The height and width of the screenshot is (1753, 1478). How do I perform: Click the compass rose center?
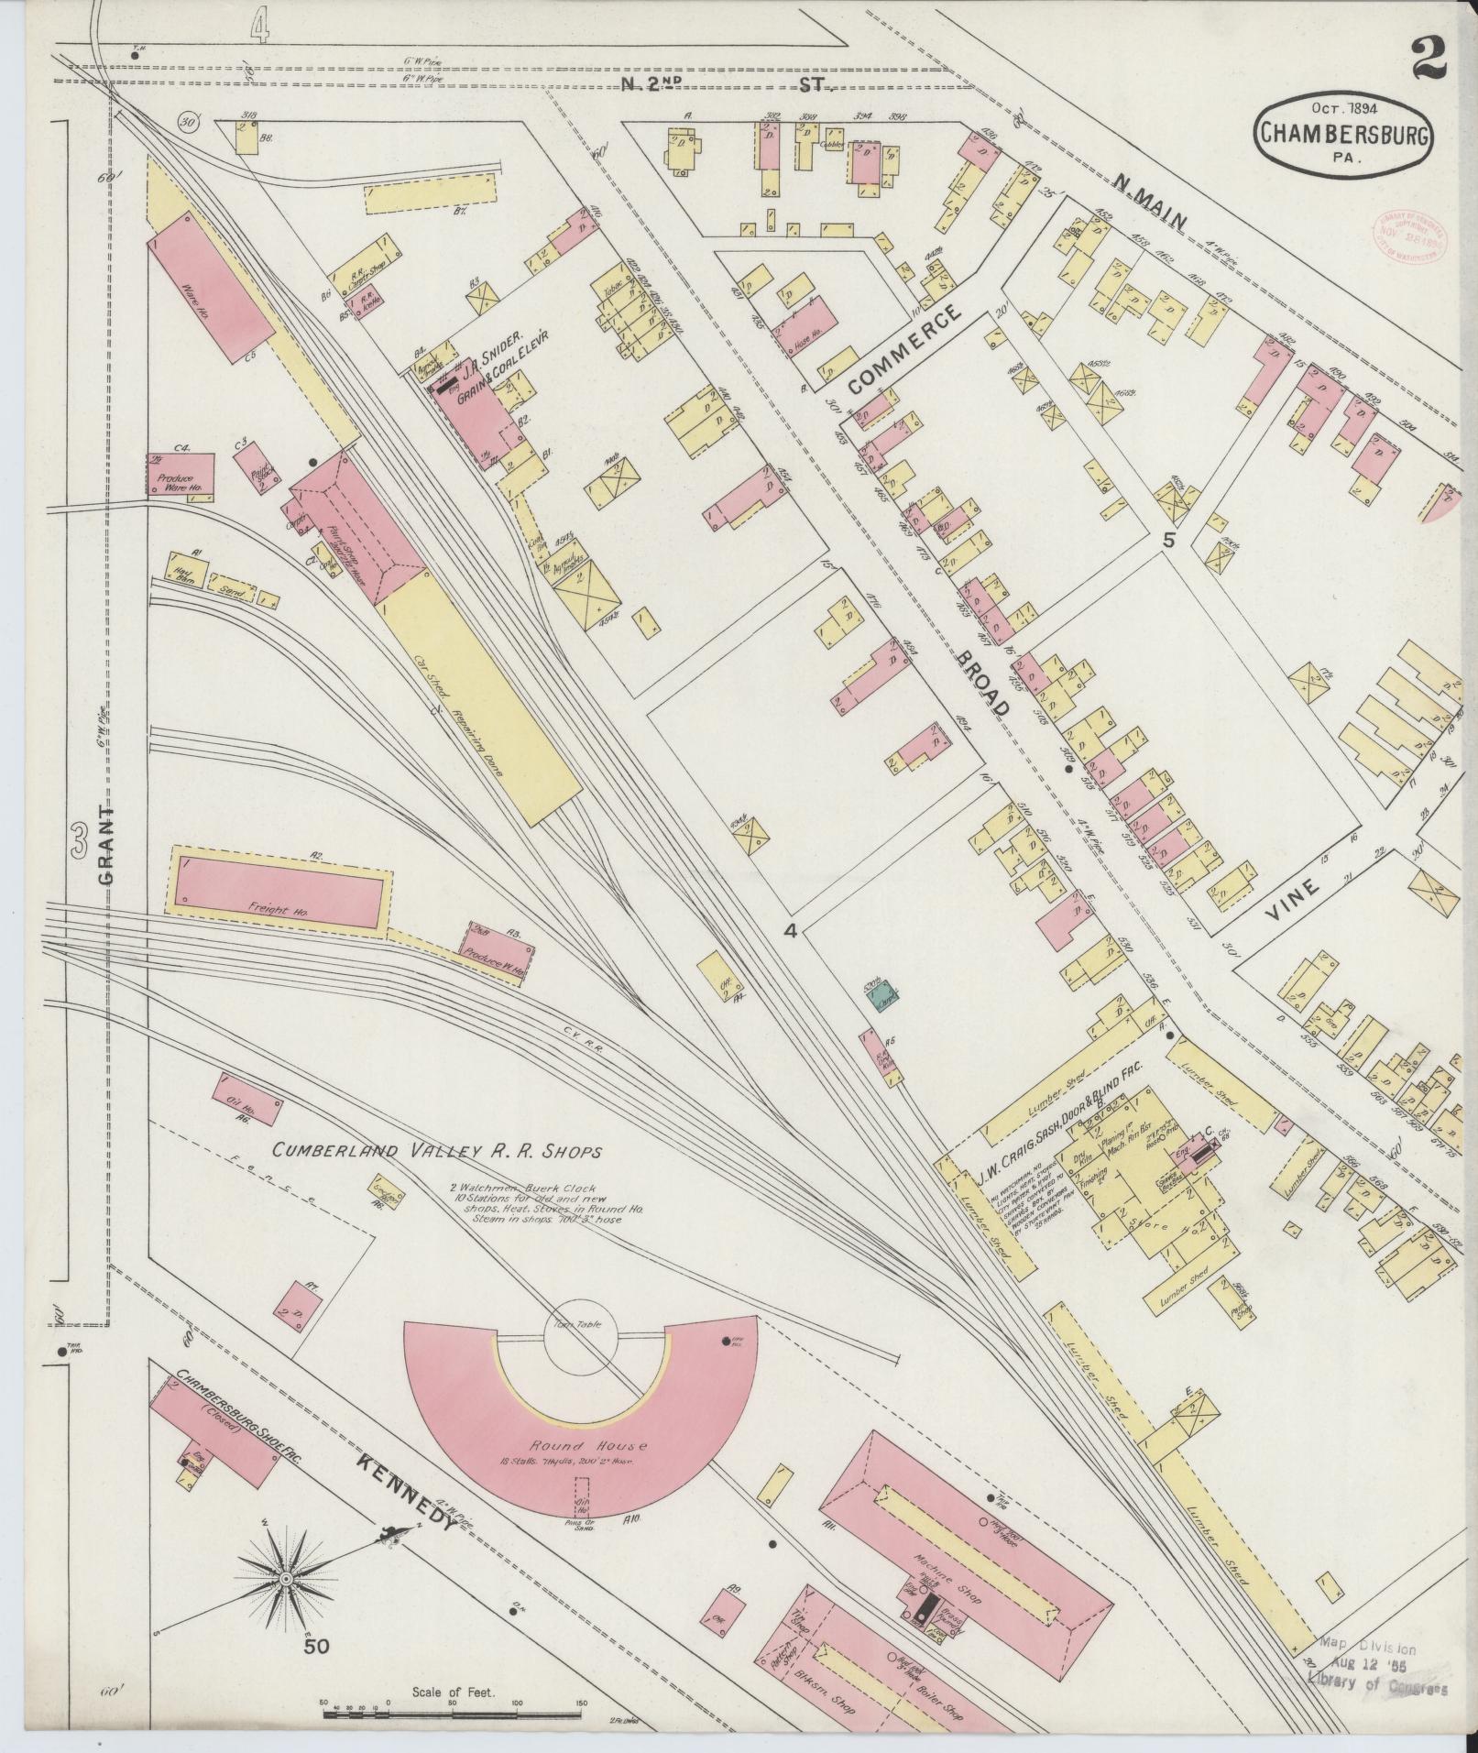[287, 1580]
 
